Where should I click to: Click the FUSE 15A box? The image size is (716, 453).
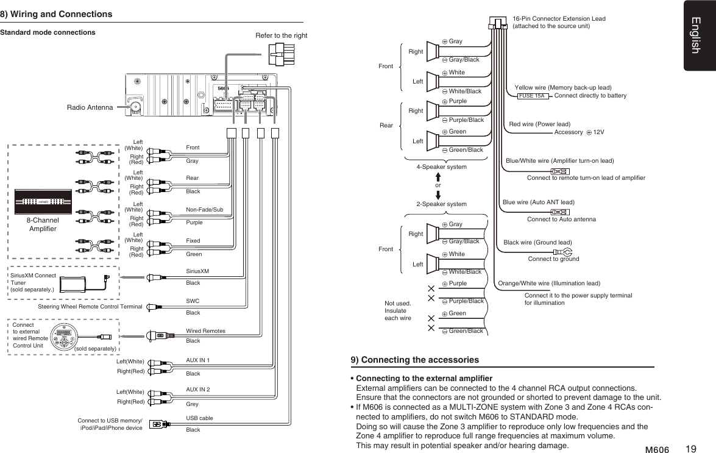pyautogui.click(x=531, y=96)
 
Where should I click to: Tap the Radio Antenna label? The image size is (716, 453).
pyautogui.click(x=90, y=107)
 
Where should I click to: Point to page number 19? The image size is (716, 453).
pyautogui.click(x=690, y=449)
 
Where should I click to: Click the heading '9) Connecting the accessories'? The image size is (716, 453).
pyautogui.click(x=415, y=360)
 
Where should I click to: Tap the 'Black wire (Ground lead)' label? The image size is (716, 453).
pyautogui.click(x=537, y=242)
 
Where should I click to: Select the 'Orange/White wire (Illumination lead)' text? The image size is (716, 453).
pyautogui.click(x=549, y=284)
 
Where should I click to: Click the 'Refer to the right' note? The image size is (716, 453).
pyautogui.click(x=281, y=35)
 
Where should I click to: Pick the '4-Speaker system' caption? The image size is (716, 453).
pyautogui.click(x=441, y=166)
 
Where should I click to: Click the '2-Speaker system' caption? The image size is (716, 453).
pyautogui.click(x=441, y=204)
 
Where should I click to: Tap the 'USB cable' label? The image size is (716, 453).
pyautogui.click(x=199, y=418)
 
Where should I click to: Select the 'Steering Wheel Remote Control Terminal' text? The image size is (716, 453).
pyautogui.click(x=90, y=306)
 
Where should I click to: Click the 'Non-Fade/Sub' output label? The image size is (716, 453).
pyautogui.click(x=204, y=210)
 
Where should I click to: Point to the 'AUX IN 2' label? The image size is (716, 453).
pyautogui.click(x=197, y=389)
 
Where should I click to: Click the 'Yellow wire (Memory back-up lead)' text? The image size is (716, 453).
pyautogui.click(x=562, y=88)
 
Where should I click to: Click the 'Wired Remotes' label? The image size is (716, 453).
pyautogui.click(x=205, y=330)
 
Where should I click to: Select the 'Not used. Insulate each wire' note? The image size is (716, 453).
pyautogui.click(x=398, y=310)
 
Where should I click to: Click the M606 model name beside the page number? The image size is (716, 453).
pyautogui.click(x=657, y=450)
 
